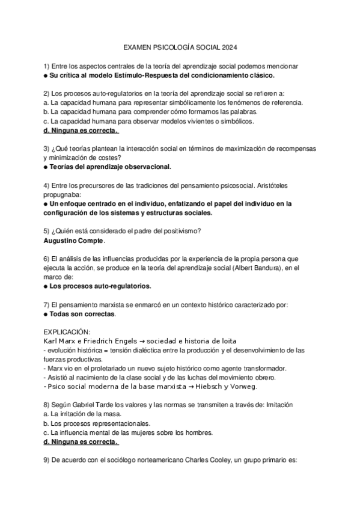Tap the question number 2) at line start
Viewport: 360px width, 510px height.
[x=47, y=93]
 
